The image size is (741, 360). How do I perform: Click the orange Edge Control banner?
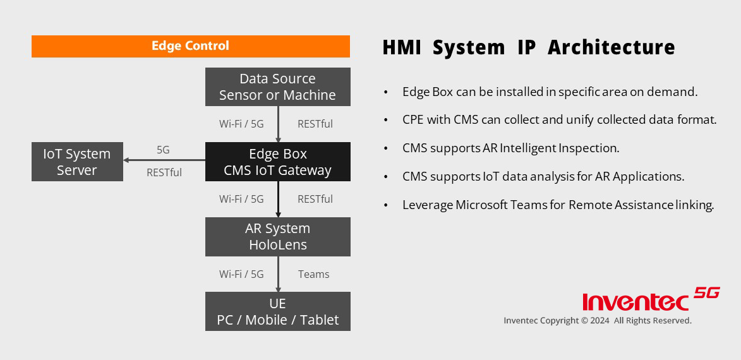pos(190,46)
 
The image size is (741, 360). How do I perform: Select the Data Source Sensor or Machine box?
pos(278,87)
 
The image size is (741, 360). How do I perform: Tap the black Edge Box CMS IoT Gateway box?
pos(278,162)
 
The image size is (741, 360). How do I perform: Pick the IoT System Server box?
pos(77,162)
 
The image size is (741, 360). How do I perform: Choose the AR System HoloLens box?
pos(278,237)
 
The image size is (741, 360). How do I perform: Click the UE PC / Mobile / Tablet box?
pos(278,311)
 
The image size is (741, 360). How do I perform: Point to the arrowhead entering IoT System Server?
pos(126,160)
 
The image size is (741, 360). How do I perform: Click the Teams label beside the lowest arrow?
pos(314,274)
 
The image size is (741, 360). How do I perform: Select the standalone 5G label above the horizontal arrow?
pos(163,150)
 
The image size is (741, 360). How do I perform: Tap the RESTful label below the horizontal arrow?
pos(164,172)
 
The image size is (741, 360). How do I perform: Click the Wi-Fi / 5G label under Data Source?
pos(241,124)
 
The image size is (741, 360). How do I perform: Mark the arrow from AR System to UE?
pos(278,274)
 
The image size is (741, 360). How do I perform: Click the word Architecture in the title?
pos(611,47)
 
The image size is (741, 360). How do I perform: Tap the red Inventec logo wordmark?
pos(636,302)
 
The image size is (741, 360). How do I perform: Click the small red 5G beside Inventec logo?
pos(707,293)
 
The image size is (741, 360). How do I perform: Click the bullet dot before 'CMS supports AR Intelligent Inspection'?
pos(386,148)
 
